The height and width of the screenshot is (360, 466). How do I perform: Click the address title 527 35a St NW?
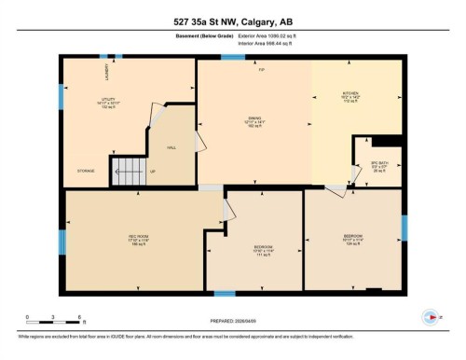pos(233,22)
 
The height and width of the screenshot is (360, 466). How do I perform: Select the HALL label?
pos(171,147)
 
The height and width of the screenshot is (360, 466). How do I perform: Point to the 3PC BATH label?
pos(377,167)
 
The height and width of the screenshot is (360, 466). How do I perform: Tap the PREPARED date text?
pos(232,314)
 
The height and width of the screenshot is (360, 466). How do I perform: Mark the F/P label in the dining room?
pos(263,72)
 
